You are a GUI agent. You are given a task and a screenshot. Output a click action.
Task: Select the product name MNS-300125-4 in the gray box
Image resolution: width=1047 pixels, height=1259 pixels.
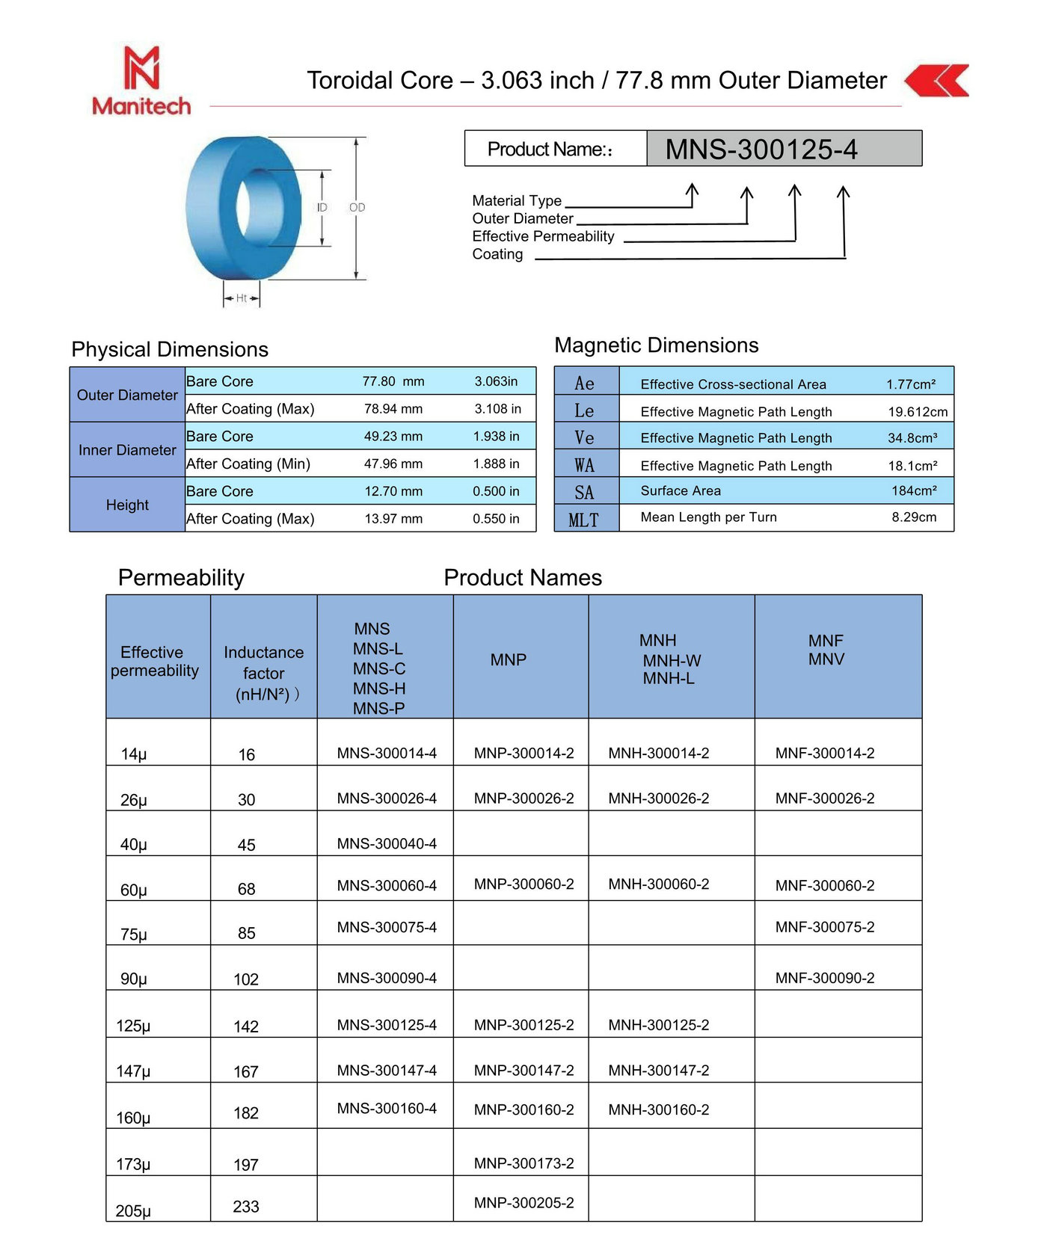point(761,150)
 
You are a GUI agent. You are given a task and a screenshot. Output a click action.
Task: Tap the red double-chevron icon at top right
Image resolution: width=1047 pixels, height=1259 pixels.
point(937,81)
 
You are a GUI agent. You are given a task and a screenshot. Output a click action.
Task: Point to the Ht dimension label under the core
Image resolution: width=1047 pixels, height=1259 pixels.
point(242,298)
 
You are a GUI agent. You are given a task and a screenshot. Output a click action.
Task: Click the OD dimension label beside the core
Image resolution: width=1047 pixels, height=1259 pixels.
point(357,207)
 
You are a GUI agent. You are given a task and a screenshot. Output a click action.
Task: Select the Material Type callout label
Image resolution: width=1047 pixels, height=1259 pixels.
point(517,200)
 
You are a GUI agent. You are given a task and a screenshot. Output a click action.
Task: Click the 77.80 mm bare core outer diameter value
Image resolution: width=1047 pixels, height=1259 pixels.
point(393,381)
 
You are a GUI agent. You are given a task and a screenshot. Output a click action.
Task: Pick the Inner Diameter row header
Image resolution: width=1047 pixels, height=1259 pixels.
point(127,450)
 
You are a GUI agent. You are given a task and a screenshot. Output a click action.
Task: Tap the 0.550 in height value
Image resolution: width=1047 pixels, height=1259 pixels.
point(496,519)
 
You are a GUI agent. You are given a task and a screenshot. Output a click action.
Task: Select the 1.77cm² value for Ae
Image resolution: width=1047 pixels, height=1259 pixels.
point(911,384)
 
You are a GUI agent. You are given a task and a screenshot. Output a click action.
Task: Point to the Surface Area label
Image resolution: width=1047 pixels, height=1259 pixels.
point(681,491)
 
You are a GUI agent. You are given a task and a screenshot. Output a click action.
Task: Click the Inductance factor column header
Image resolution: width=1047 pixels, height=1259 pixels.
point(263,673)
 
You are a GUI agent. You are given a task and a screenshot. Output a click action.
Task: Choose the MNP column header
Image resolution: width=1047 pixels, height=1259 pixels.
point(509,659)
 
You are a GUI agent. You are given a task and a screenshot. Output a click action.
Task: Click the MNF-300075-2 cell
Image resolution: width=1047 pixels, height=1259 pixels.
point(825,927)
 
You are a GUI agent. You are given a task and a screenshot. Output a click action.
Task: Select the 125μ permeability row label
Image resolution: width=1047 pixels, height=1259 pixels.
point(133,1026)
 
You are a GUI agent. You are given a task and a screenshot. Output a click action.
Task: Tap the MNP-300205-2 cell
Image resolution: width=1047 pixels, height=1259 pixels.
point(523,1203)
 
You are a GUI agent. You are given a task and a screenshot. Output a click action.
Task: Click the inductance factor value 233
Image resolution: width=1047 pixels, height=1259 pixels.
point(246,1207)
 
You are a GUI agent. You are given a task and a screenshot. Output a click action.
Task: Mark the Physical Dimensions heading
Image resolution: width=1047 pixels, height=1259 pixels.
point(170,349)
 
